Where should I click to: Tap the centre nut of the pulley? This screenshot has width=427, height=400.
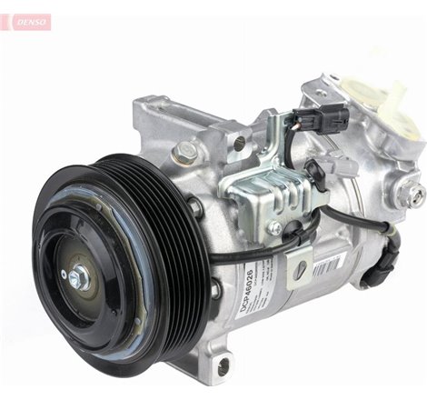[x=77, y=275]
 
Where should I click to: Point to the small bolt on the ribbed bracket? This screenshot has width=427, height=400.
[x=273, y=228]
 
